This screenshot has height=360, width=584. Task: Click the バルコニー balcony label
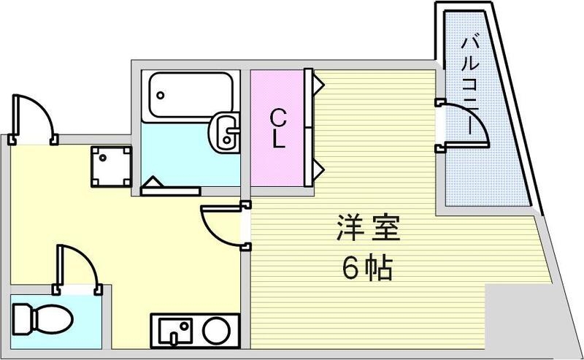469,80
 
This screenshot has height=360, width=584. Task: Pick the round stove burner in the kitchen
216,330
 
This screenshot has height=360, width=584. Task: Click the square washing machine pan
111,166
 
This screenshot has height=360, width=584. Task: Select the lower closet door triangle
319,169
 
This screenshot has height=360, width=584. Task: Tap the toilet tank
19,318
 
